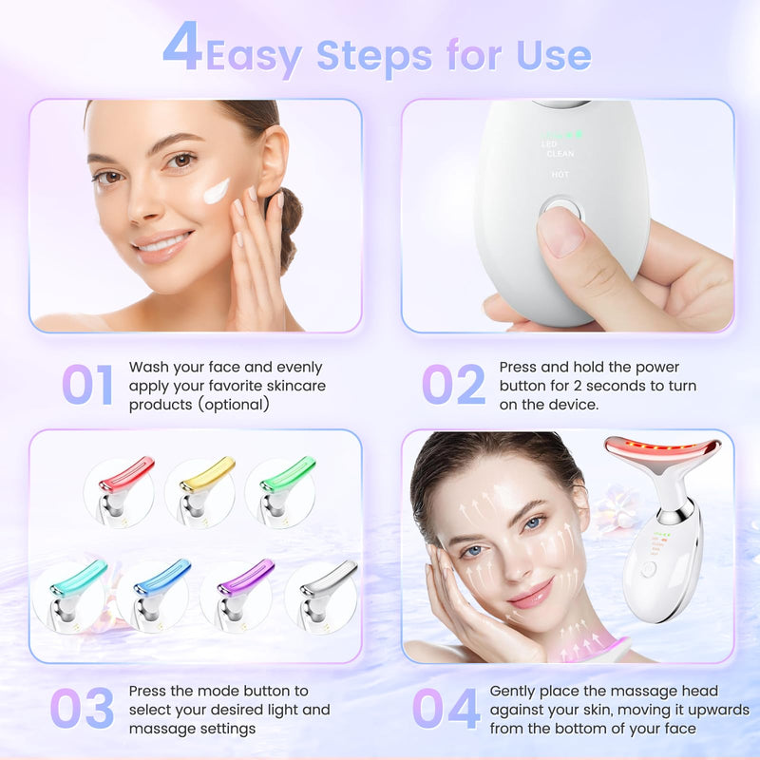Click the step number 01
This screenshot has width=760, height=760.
pyautogui.click(x=87, y=385)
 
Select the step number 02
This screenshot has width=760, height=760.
pyautogui.click(x=453, y=385)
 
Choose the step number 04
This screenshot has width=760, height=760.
pyautogui.click(x=446, y=708)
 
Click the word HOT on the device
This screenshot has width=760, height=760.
pyautogui.click(x=560, y=174)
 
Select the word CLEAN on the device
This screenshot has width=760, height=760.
pyautogui.click(x=560, y=154)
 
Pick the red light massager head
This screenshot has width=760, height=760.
pyautogui.click(x=127, y=474)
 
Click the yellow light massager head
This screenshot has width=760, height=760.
pyautogui.click(x=207, y=474)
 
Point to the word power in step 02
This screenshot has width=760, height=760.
pyautogui.click(x=659, y=367)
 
